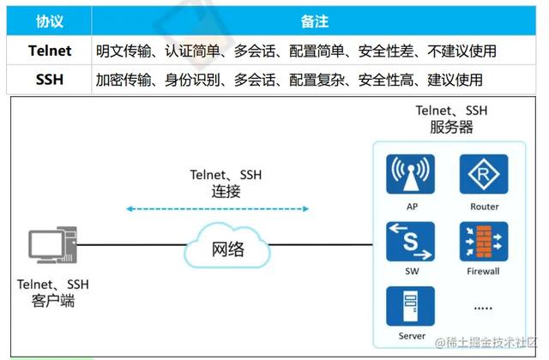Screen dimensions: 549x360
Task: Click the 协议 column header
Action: [50, 21]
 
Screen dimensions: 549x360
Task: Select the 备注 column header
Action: [315, 21]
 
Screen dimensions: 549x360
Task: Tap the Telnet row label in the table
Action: [50, 51]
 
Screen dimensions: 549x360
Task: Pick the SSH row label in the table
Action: [50, 80]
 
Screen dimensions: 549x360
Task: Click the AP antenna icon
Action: [410, 174]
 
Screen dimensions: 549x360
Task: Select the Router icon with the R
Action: [484, 174]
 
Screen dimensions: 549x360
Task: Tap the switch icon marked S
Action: [410, 242]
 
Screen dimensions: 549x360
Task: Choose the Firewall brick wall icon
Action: [484, 242]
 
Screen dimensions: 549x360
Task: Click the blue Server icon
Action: [410, 306]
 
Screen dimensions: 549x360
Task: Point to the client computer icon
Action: [52, 245]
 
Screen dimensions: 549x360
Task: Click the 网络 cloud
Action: [227, 246]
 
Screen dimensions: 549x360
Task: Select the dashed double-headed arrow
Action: [217, 209]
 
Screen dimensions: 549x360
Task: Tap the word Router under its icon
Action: [484, 207]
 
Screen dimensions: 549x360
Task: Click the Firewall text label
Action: [483, 271]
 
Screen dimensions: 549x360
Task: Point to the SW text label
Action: [412, 271]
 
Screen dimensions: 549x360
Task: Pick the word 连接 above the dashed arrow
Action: [226, 191]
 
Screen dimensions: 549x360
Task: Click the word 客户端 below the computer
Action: [53, 301]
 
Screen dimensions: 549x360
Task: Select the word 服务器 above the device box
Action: [451, 127]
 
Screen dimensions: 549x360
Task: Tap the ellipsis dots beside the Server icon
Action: [483, 309]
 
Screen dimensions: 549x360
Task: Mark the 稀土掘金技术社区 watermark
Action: [486, 342]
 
